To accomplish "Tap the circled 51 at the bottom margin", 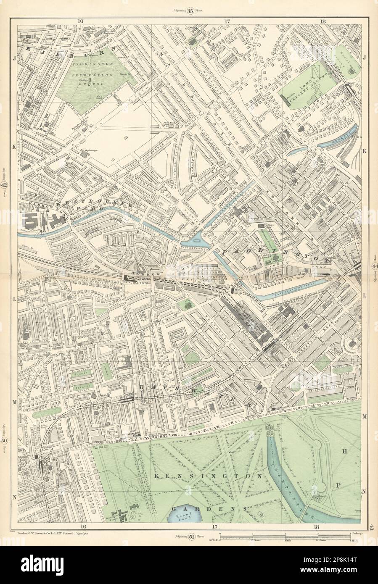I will click(x=191, y=536).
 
